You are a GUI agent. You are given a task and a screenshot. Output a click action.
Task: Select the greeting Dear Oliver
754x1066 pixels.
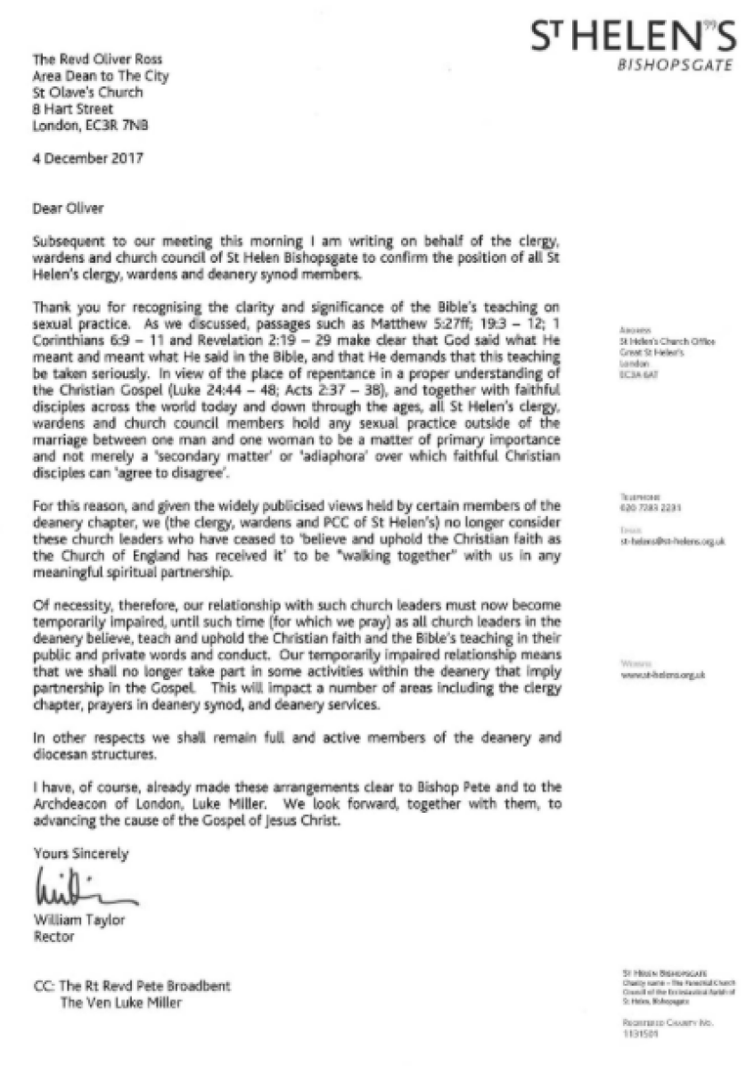coord(67,209)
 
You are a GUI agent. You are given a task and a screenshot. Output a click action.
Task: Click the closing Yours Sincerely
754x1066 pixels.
coord(80,854)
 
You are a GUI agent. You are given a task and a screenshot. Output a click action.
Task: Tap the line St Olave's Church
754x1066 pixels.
coord(78,94)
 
